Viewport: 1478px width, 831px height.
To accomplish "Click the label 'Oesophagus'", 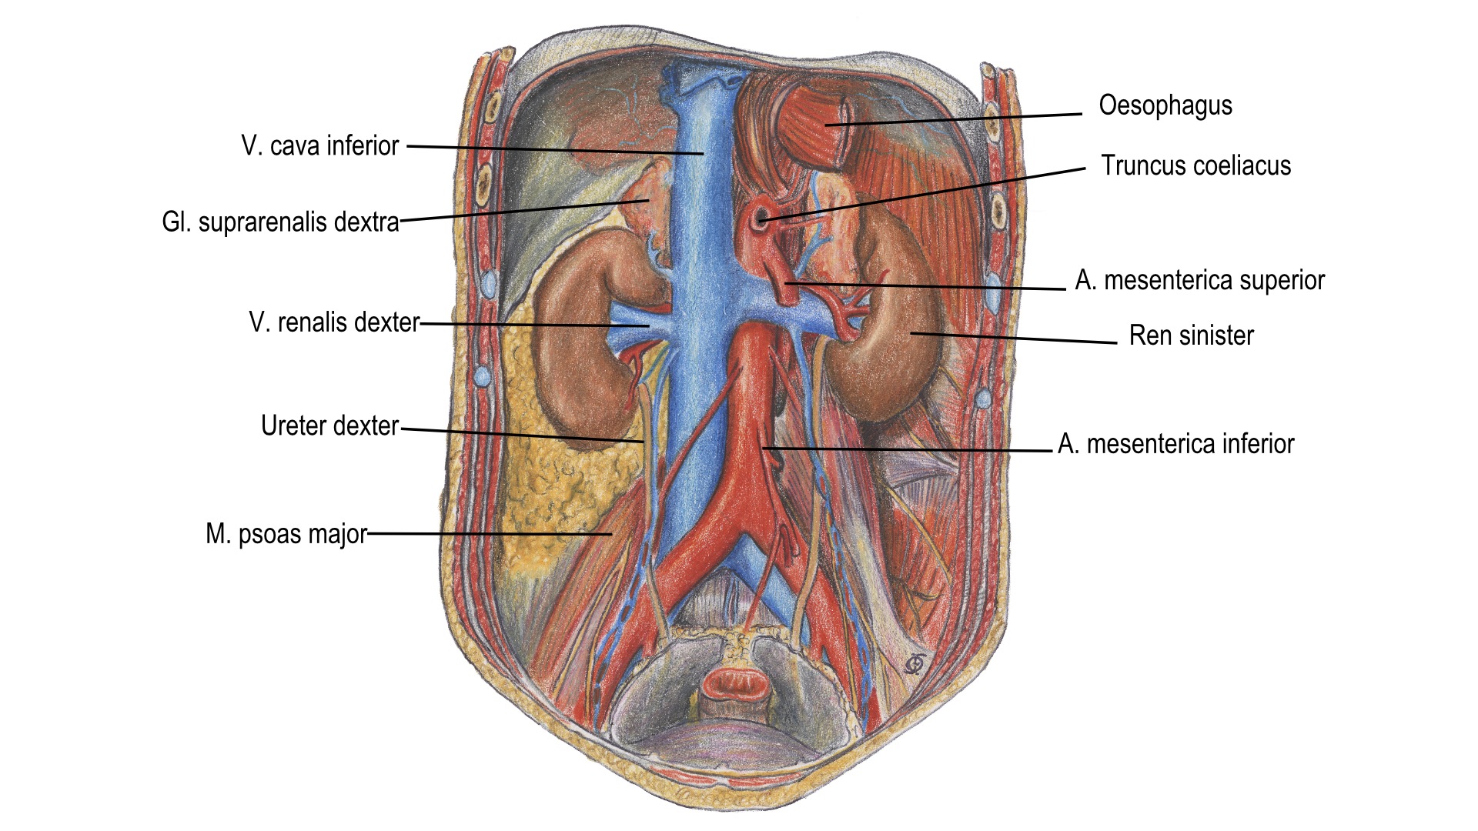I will point(1165,105).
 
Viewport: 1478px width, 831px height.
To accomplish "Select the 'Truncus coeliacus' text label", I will point(1195,165).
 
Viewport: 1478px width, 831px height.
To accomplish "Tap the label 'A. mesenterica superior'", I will point(1199,281).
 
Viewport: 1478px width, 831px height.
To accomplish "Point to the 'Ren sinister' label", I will point(1191,335).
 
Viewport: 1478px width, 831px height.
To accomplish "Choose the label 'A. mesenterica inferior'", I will point(1175,444).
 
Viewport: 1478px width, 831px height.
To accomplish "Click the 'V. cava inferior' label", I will point(319,145).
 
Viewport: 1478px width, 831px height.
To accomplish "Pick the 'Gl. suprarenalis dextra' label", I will point(280,222).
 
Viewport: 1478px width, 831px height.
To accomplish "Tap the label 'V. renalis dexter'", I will point(334,322).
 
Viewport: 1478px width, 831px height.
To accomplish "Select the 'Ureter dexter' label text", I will point(329,426).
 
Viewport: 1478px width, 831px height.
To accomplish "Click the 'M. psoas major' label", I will point(286,534).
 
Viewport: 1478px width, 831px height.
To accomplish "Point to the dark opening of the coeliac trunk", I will point(762,219).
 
